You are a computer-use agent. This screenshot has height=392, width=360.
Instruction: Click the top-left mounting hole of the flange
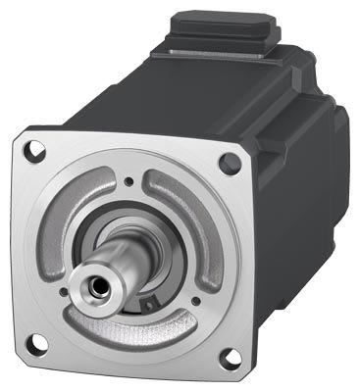(36, 151)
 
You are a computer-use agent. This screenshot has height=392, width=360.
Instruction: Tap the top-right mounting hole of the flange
(231, 164)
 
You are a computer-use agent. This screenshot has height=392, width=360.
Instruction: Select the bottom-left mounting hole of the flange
(37, 342)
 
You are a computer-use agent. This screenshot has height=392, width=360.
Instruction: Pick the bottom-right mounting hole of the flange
(229, 361)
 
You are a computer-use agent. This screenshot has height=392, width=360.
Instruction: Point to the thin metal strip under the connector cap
(212, 59)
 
